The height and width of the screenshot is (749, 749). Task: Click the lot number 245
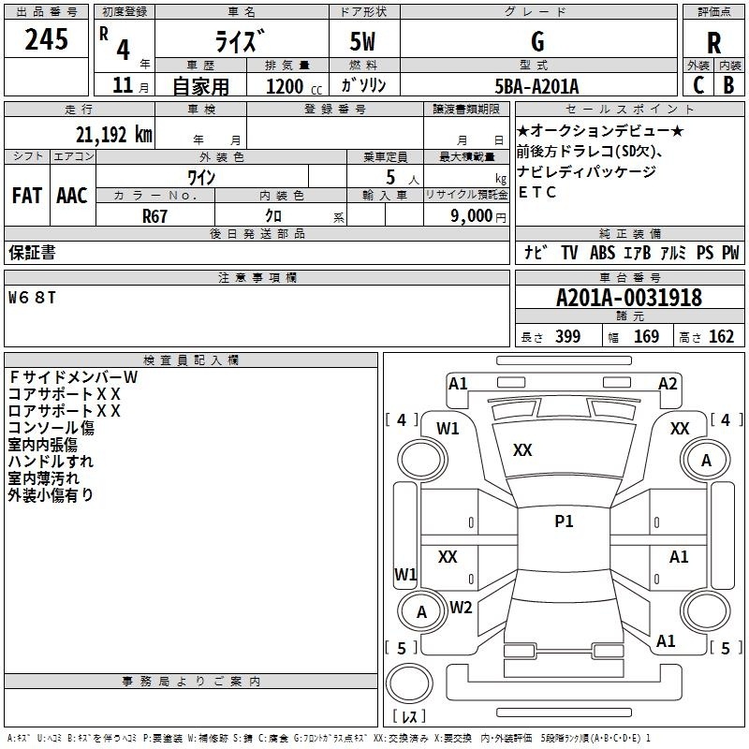point(46,39)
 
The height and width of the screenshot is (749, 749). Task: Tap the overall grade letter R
point(713,43)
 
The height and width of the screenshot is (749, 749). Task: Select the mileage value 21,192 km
point(113,135)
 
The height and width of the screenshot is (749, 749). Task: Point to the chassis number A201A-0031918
point(629,298)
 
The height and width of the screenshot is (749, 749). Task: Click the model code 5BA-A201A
point(536,86)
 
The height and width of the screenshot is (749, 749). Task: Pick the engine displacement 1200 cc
point(294,86)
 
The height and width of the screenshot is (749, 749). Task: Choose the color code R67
point(154,216)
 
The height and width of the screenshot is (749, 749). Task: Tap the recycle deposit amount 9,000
point(472,215)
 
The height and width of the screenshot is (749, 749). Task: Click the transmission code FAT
point(27,196)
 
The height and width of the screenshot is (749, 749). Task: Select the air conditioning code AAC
point(72,196)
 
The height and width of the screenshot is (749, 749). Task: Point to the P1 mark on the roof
point(564,521)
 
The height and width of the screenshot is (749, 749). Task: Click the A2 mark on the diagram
point(668,384)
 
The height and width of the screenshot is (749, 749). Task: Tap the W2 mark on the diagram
point(461,608)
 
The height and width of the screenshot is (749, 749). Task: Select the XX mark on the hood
point(522,450)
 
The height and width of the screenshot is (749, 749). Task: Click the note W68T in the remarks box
point(32,298)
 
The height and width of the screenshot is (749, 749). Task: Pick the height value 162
point(721,336)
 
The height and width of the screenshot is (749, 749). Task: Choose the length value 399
point(567,336)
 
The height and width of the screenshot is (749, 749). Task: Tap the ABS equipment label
point(602,253)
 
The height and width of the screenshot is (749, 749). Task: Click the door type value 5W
point(362,42)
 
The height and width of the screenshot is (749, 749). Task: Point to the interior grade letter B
point(728,85)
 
